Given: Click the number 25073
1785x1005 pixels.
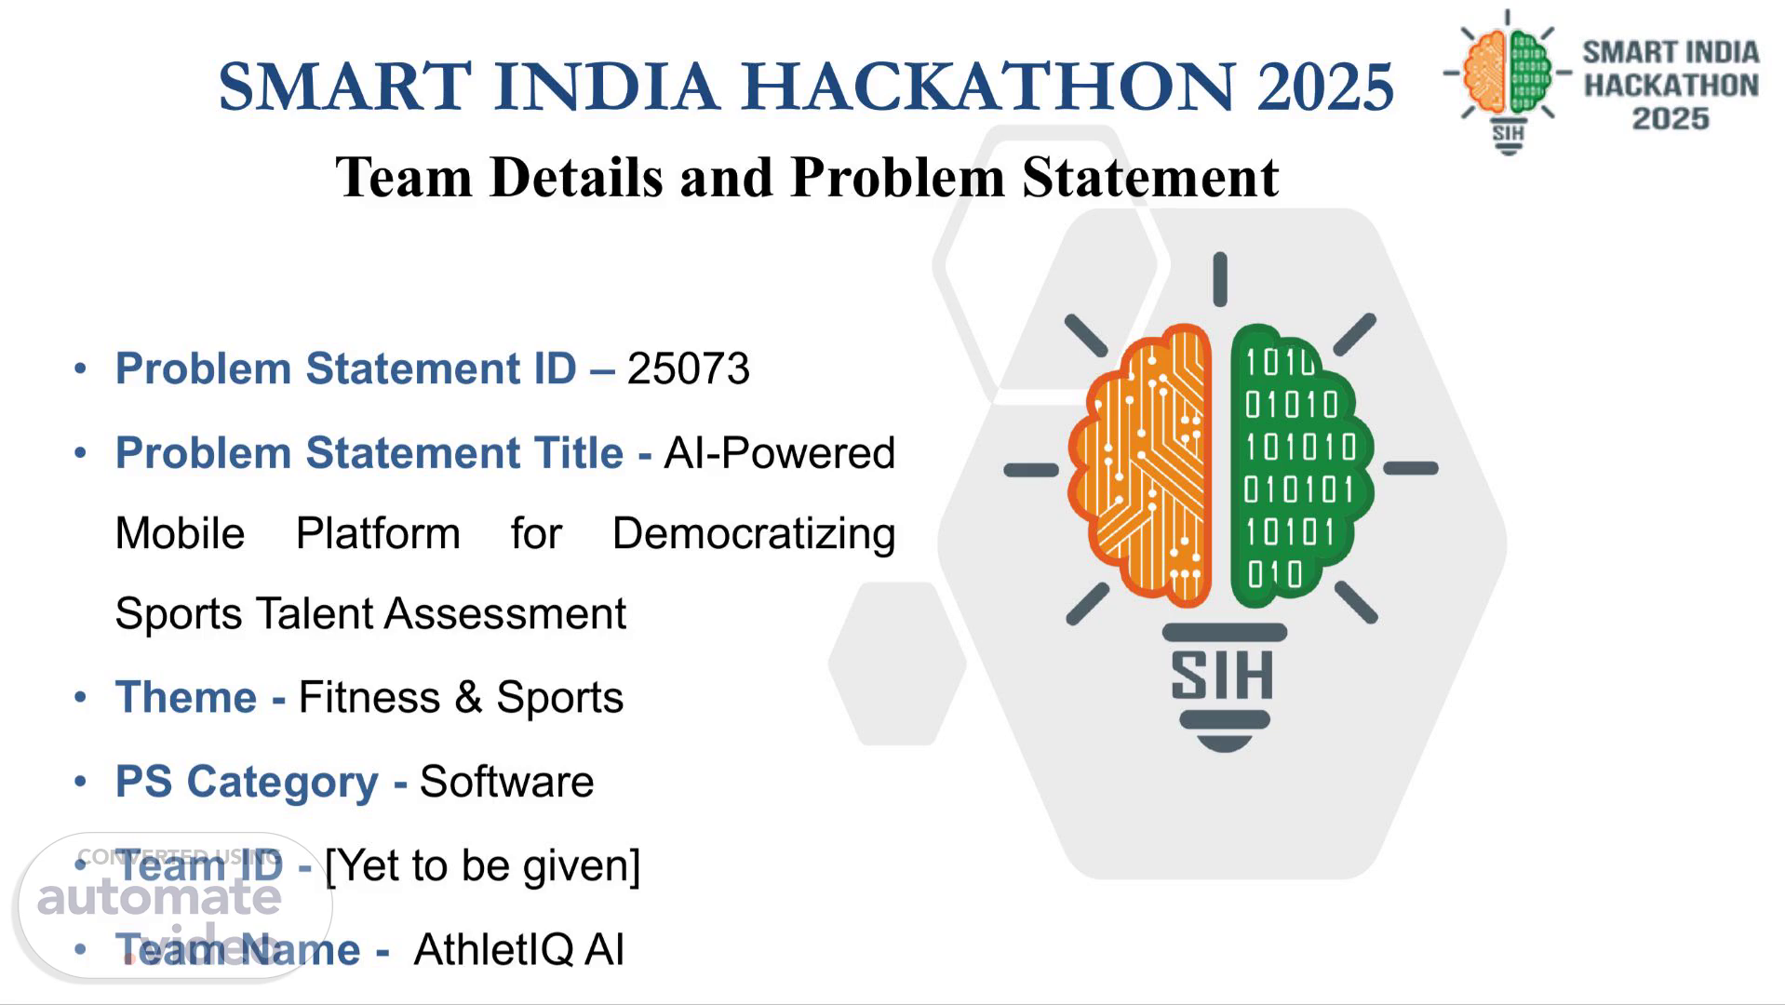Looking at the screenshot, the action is (x=688, y=368).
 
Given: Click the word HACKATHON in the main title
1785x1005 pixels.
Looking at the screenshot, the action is (x=988, y=86).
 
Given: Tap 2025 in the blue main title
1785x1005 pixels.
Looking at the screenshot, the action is (x=1325, y=86).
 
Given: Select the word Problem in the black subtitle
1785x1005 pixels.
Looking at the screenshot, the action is (x=897, y=177).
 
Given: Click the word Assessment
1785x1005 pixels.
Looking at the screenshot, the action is (x=504, y=613).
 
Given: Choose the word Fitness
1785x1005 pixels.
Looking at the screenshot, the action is (x=369, y=697).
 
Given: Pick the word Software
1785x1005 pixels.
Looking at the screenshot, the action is (x=506, y=781).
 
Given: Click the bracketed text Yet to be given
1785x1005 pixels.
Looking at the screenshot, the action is (x=482, y=866).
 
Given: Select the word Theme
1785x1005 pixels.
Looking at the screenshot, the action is (x=186, y=697).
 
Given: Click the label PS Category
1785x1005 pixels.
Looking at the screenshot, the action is (x=247, y=782).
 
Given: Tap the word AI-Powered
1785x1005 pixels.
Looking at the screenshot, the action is (x=779, y=453).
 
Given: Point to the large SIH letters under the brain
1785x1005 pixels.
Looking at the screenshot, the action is (x=1222, y=676).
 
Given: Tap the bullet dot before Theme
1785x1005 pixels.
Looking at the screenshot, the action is (x=81, y=697).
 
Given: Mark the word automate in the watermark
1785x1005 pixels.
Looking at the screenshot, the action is (x=159, y=897).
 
